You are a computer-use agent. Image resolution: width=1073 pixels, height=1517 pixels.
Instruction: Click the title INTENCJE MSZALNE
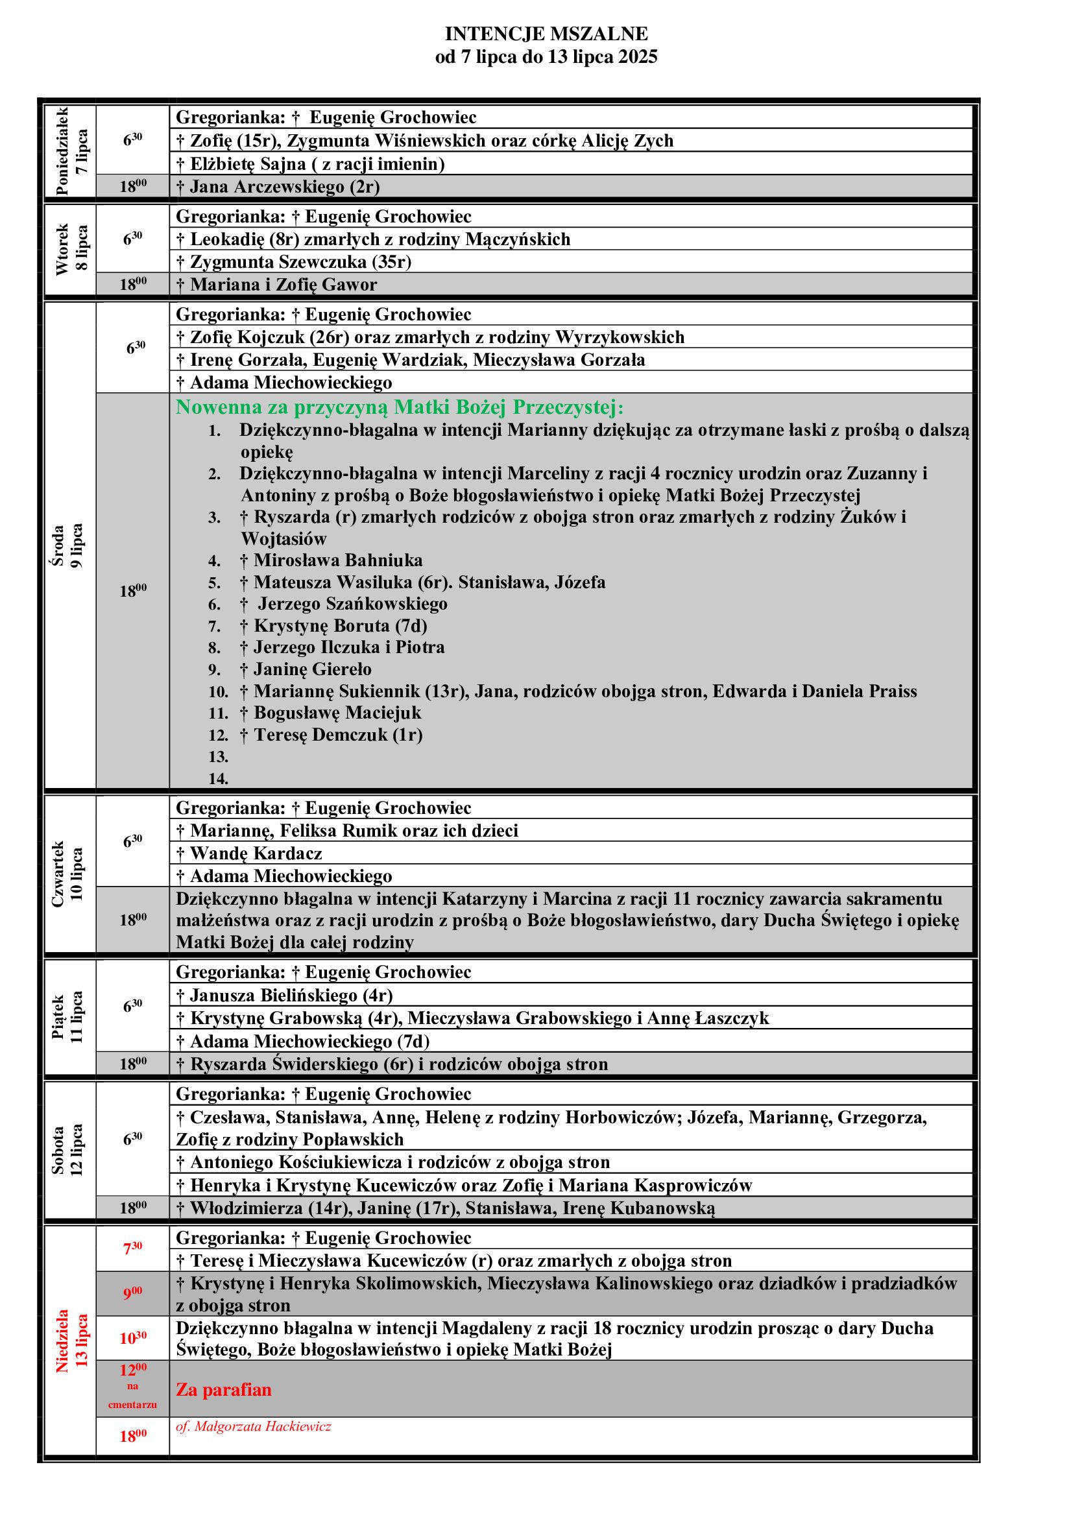pyautogui.click(x=546, y=34)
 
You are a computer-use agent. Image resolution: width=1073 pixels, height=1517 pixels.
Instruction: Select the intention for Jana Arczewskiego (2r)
pyautogui.click(x=278, y=187)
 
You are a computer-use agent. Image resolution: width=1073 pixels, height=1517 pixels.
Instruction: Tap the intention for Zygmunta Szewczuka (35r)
pyautogui.click(x=294, y=262)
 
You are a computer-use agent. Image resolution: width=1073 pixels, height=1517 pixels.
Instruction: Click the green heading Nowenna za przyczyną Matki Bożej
pyautogui.click(x=399, y=407)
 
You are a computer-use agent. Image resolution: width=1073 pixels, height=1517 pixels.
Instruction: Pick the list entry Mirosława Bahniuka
pyautogui.click(x=331, y=560)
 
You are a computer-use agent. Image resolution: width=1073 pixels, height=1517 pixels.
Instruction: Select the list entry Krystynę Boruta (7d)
pyautogui.click(x=333, y=626)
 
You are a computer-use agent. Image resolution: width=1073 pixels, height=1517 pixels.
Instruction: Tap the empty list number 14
pyautogui.click(x=218, y=779)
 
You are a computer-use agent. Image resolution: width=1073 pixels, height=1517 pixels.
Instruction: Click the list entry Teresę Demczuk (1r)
pyautogui.click(x=331, y=735)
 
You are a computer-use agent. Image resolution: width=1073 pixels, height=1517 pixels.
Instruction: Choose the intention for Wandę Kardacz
pyautogui.click(x=249, y=854)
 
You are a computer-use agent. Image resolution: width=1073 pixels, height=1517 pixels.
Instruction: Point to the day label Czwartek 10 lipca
pyautogui.click(x=68, y=874)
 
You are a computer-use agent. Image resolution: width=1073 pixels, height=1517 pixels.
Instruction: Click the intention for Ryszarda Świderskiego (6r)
pyautogui.click(x=392, y=1064)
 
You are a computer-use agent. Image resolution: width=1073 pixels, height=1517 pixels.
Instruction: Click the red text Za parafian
pyautogui.click(x=223, y=1389)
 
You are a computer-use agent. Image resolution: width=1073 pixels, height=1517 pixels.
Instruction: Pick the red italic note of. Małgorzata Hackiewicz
pyautogui.click(x=253, y=1426)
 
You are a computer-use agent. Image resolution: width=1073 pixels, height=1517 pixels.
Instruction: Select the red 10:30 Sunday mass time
pyautogui.click(x=133, y=1338)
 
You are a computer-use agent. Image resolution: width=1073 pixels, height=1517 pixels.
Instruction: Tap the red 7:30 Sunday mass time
pyautogui.click(x=133, y=1248)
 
